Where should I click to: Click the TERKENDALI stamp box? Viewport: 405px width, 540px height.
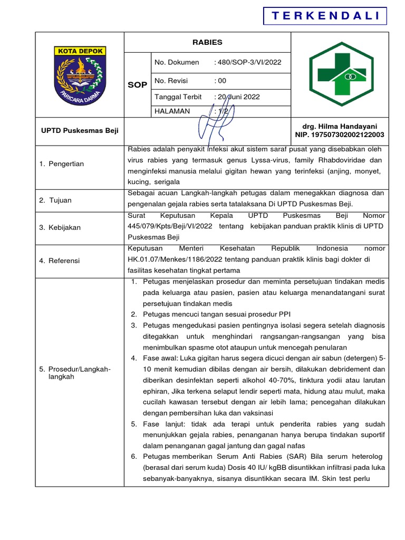[325, 16]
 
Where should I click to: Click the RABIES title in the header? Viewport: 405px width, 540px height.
[207, 42]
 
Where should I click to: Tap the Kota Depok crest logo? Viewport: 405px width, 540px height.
[79, 75]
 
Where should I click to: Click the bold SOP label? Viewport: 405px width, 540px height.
[138, 85]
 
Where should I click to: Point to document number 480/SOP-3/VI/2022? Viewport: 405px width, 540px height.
[248, 62]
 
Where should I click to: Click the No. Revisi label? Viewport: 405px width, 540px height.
[171, 81]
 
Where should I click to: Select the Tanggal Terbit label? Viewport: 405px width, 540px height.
[178, 97]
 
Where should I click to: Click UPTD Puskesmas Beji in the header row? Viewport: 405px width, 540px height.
[80, 131]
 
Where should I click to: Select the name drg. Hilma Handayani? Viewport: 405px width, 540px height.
[340, 127]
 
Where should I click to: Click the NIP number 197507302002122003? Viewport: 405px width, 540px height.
[340, 135]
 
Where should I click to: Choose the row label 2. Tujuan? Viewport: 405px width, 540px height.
[55, 200]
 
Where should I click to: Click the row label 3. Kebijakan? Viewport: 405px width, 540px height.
[60, 227]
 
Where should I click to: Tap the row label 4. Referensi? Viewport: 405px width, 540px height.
[60, 260]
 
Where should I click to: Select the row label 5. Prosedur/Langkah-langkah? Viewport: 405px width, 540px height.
[75, 373]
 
